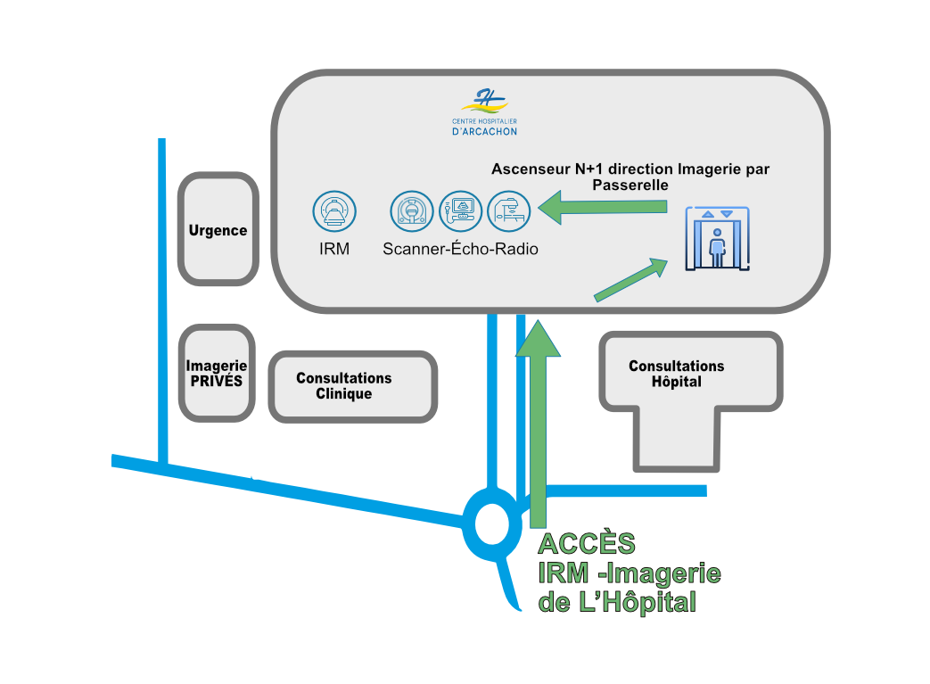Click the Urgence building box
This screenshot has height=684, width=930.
[x=218, y=230]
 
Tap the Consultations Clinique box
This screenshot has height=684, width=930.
[x=353, y=386]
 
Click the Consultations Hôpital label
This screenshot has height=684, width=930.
[x=677, y=374]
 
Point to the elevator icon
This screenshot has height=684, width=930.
[x=716, y=239]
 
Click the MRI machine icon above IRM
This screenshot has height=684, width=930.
[x=334, y=212]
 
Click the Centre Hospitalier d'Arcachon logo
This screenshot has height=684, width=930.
[x=484, y=111]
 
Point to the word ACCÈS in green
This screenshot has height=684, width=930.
[x=587, y=544]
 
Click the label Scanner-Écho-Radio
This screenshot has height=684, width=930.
[x=460, y=250]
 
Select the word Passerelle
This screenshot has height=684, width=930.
[x=630, y=185]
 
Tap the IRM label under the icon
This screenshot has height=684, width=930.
[x=334, y=250]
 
